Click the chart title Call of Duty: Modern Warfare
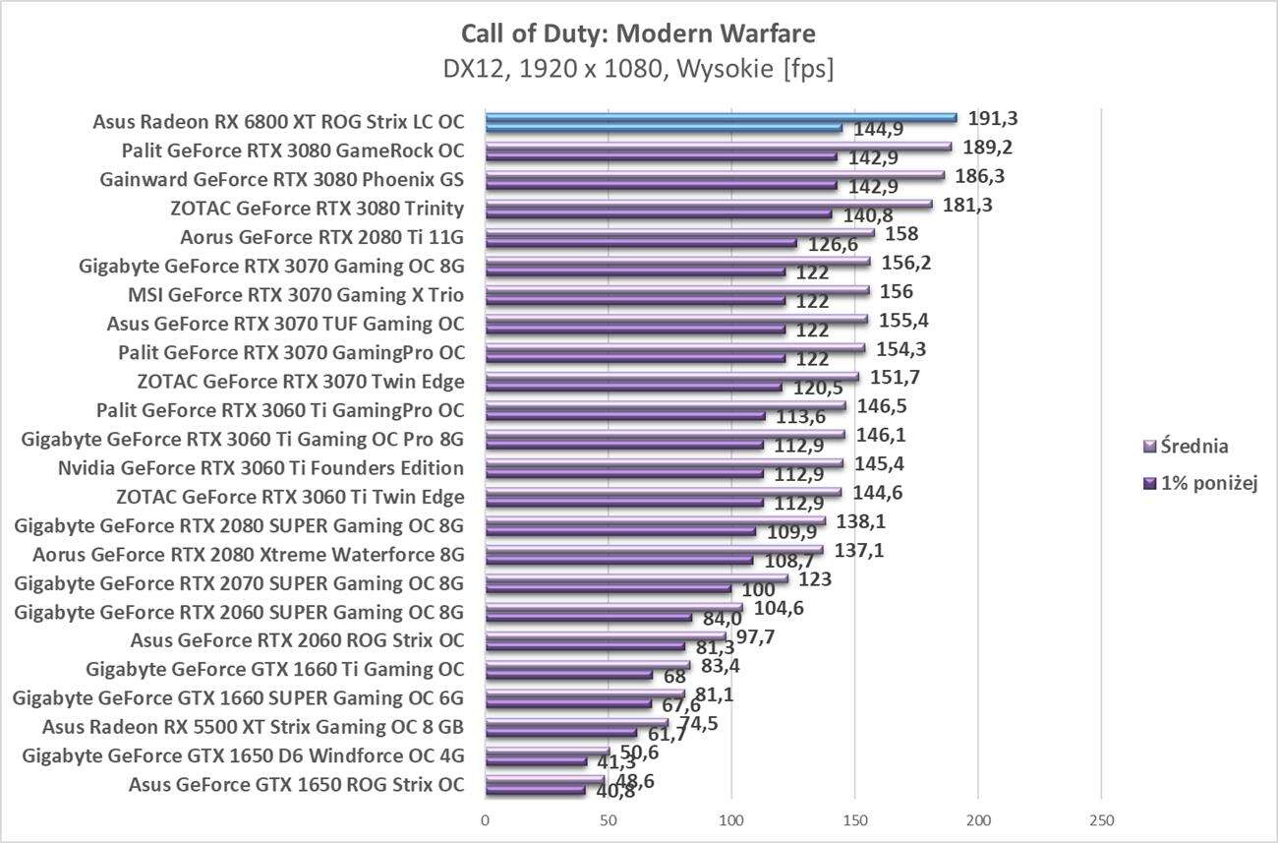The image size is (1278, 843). click(x=638, y=34)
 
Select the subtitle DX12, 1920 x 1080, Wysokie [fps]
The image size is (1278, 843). click(x=638, y=70)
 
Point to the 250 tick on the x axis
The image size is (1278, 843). click(x=1101, y=820)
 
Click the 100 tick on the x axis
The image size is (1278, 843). click(x=731, y=820)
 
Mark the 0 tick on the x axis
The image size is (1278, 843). click(x=486, y=820)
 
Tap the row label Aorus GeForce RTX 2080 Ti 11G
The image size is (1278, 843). click(x=321, y=237)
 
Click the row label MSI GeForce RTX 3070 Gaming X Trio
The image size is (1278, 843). click(x=296, y=295)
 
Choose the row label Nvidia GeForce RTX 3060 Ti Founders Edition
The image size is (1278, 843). click(x=261, y=467)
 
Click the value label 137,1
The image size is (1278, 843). click(x=858, y=551)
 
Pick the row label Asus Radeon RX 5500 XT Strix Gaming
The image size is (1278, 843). click(x=253, y=728)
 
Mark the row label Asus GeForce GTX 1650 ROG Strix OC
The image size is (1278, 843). click(x=296, y=785)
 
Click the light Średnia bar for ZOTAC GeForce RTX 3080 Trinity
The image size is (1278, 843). click(x=708, y=205)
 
